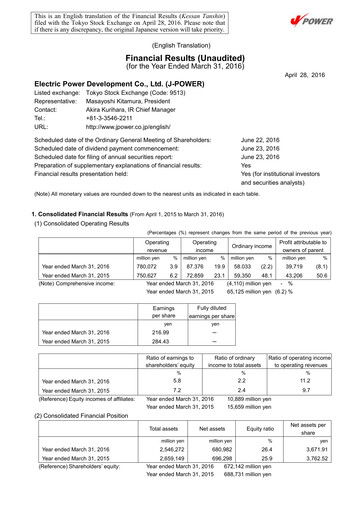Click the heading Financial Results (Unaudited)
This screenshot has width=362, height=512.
(x=180, y=60)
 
